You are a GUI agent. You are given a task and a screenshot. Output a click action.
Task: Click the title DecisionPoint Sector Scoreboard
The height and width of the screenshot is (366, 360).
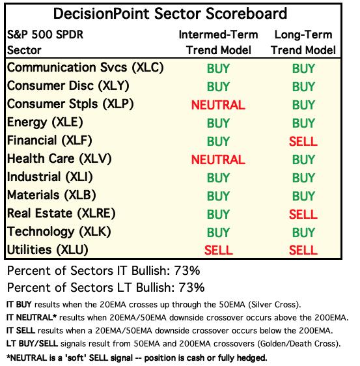pyautogui.click(x=170, y=14)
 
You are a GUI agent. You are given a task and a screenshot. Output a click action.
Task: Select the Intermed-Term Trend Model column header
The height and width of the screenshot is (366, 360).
pyautogui.click(x=218, y=42)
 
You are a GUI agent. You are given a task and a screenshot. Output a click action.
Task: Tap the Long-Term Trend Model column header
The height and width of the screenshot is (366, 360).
pyautogui.click(x=303, y=42)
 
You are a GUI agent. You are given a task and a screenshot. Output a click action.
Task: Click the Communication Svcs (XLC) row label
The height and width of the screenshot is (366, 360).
pyautogui.click(x=85, y=68)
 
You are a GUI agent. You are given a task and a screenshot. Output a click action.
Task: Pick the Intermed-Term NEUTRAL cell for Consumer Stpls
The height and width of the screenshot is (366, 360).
pyautogui.click(x=218, y=105)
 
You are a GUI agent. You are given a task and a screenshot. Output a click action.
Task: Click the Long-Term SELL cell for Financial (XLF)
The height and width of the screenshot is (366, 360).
pyautogui.click(x=303, y=141)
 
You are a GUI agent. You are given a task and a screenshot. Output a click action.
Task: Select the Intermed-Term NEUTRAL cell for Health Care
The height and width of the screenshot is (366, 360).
pyautogui.click(x=218, y=160)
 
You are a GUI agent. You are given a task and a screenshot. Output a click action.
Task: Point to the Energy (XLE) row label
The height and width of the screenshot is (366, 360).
pyautogui.click(x=45, y=122)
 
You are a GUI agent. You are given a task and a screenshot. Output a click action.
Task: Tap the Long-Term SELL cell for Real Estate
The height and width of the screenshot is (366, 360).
pyautogui.click(x=303, y=214)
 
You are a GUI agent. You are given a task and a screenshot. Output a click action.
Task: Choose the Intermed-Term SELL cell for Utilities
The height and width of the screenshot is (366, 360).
pyautogui.click(x=219, y=250)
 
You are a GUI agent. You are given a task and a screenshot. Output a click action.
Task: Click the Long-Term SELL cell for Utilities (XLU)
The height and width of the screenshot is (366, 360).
pyautogui.click(x=303, y=250)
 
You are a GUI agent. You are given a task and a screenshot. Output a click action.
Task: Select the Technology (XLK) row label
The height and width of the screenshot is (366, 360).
pyautogui.click(x=59, y=232)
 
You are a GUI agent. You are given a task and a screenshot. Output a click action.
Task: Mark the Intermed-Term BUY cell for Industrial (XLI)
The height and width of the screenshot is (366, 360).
pyautogui.click(x=218, y=178)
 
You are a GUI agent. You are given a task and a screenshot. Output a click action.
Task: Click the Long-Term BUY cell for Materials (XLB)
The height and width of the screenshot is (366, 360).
pyautogui.click(x=303, y=196)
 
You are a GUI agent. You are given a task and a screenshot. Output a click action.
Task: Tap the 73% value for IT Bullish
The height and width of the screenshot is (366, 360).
pyautogui.click(x=187, y=271)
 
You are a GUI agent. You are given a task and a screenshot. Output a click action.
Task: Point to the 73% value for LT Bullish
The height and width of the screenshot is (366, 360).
pyautogui.click(x=191, y=287)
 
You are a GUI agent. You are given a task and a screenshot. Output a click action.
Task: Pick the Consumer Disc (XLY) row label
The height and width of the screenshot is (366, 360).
pyautogui.click(x=68, y=86)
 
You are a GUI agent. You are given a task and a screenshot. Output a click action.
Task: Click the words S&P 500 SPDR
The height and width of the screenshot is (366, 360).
pyautogui.click(x=45, y=35)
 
